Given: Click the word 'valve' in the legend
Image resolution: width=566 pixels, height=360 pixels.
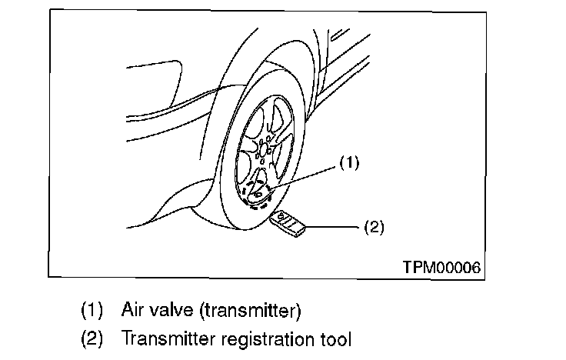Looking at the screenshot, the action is pyautogui.click(x=171, y=311).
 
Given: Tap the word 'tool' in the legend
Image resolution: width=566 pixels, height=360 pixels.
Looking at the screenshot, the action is pyautogui.click(x=338, y=338).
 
